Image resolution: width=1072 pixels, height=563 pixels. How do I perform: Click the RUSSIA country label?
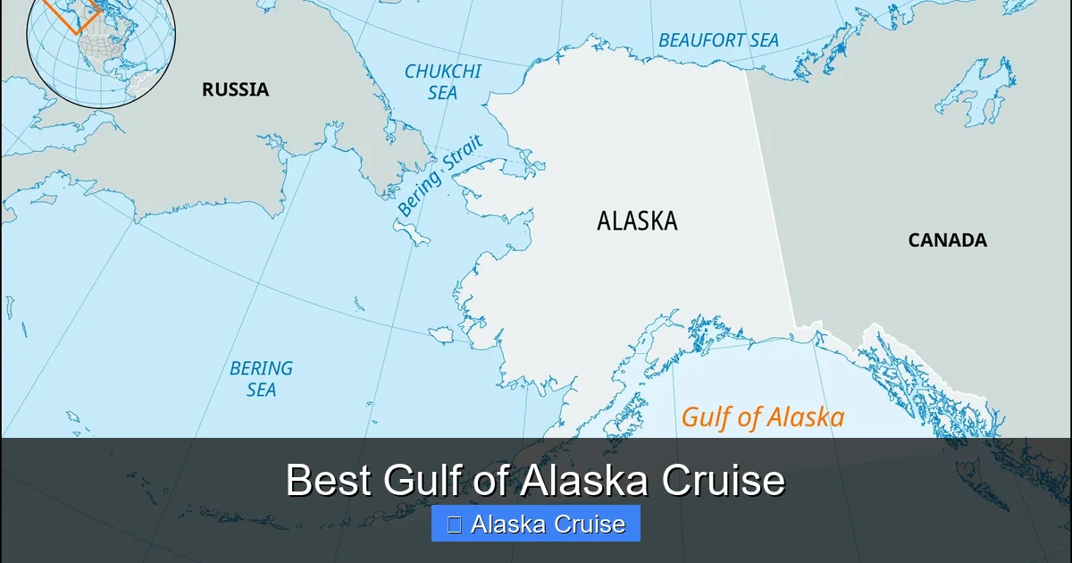click(235, 89)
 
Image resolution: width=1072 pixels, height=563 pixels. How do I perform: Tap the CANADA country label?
click(947, 240)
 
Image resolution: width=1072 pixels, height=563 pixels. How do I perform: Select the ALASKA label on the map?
click(637, 221)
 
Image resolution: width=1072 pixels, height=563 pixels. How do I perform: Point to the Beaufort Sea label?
click(718, 40)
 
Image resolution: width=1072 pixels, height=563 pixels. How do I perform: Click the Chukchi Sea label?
click(442, 81)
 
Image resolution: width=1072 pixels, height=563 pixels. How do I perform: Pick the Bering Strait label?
click(440, 176)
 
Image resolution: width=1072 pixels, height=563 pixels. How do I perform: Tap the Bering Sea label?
click(261, 378)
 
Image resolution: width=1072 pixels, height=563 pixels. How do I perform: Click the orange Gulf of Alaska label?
click(762, 417)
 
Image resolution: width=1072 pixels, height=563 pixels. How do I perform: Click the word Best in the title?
click(329, 481)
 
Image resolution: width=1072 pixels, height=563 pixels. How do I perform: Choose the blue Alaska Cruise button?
click(536, 524)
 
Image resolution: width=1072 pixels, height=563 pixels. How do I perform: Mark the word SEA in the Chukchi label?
click(442, 93)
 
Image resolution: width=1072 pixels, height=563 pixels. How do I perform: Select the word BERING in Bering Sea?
click(261, 367)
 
